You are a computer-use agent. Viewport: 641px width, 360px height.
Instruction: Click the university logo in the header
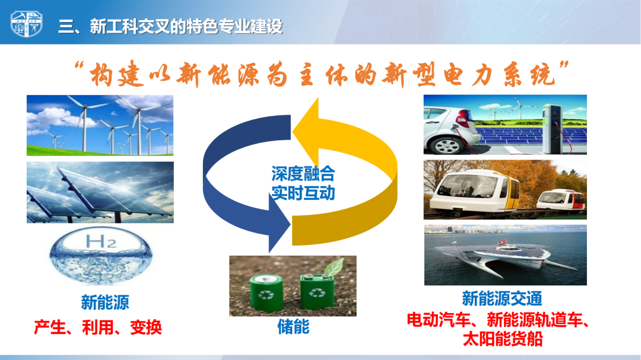(x=27, y=23)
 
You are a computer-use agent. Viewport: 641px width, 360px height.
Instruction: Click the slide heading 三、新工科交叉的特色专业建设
(x=170, y=27)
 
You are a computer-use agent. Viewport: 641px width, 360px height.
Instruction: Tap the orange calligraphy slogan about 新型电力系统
(x=322, y=74)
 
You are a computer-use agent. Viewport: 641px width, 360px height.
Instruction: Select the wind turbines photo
(x=100, y=126)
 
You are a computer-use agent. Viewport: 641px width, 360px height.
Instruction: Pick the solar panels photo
(x=100, y=193)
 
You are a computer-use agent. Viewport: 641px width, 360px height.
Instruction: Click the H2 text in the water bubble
(x=101, y=241)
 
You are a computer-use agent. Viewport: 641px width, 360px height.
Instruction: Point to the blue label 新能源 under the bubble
(x=105, y=302)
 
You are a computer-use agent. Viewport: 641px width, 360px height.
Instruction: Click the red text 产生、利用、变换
(x=98, y=327)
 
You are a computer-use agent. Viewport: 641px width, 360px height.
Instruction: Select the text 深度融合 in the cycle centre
(x=303, y=174)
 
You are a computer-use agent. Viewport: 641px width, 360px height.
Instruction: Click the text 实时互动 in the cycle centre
(x=303, y=193)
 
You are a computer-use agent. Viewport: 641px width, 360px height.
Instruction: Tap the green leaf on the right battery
(x=334, y=267)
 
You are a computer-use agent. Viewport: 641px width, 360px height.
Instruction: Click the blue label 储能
(x=293, y=327)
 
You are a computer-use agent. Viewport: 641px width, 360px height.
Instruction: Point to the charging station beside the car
(x=553, y=129)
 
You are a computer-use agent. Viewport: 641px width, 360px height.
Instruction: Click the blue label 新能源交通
(x=502, y=298)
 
